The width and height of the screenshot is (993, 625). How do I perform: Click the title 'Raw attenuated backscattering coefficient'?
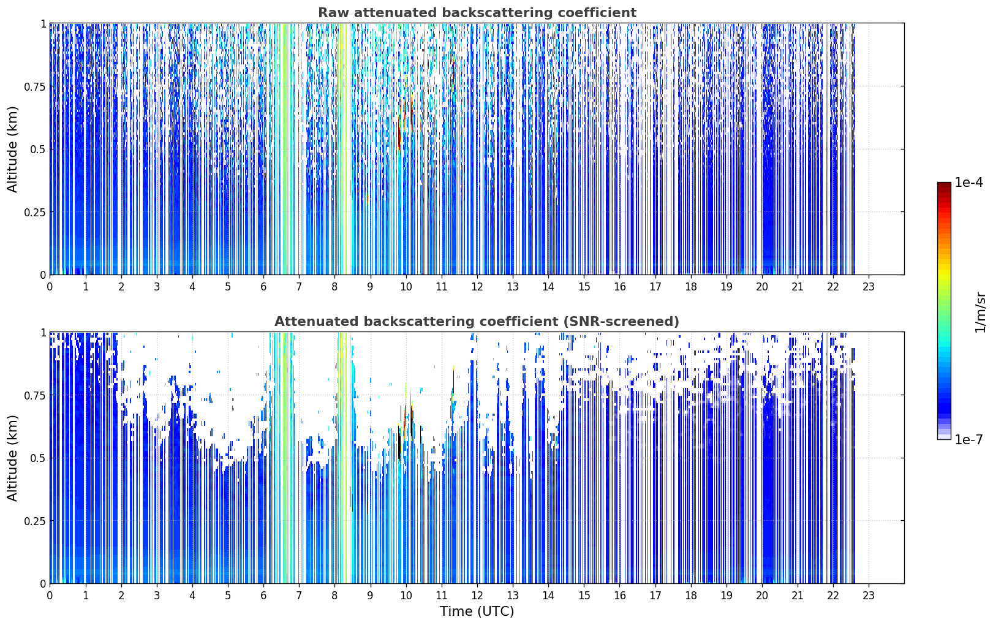pos(477,12)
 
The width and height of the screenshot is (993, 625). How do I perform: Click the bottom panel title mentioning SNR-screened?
pos(477,321)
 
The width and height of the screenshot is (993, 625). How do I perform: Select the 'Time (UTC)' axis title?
pos(477,612)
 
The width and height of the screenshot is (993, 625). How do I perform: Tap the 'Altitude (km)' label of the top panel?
pos(12,150)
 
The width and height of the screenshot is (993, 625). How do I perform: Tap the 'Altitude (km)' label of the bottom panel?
pos(12,458)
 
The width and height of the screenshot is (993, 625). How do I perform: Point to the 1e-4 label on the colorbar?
pos(968,182)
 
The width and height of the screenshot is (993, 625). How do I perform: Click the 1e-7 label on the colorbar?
pos(968,440)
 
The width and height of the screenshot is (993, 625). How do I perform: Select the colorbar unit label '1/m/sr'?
pos(980,312)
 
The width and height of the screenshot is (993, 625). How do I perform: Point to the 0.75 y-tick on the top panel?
pos(35,86)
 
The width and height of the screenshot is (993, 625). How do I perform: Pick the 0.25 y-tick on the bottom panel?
pos(35,521)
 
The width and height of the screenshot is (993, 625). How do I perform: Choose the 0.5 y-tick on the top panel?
pos(38,150)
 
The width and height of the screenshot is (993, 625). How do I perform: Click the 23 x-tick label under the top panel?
pos(869,287)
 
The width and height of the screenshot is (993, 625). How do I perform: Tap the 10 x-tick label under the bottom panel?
pos(406,596)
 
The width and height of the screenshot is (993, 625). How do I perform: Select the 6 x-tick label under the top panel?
pos(263,287)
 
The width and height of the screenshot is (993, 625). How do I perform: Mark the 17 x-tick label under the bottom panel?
pos(655,596)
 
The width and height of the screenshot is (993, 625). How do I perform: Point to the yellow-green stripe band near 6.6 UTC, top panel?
pos(286,149)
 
